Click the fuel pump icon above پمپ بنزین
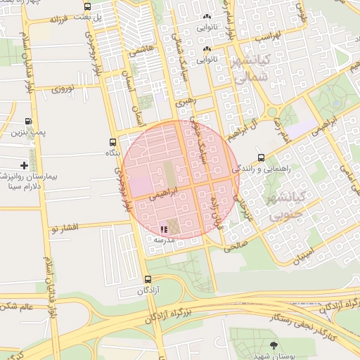29,122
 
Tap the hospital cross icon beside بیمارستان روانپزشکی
25,165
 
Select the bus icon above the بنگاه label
113,142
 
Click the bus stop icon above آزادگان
147,279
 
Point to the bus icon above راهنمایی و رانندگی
261,157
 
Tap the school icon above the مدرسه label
164,229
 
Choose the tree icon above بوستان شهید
274,344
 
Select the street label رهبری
187,102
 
